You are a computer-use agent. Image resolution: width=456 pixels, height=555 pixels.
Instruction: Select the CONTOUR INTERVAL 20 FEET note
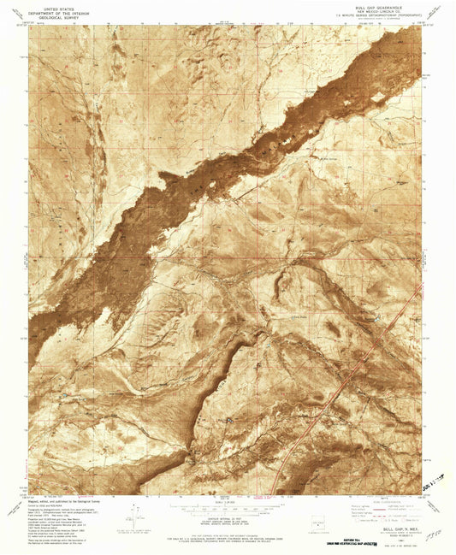tap(227, 516)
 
